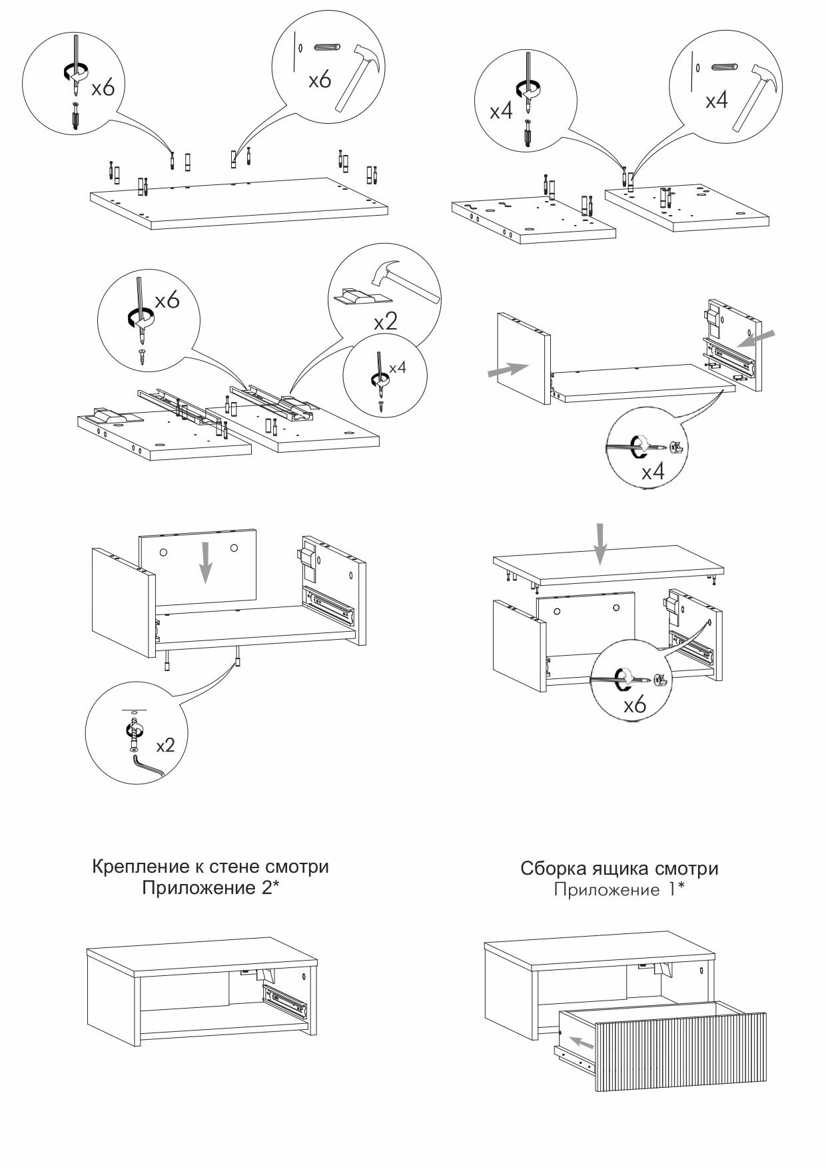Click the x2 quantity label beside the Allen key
click(x=165, y=745)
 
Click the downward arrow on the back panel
click(x=206, y=562)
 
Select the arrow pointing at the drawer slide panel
click(x=759, y=338)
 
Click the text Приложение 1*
click(x=619, y=890)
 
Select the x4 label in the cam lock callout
click(x=653, y=473)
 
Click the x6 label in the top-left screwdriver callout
click(x=103, y=87)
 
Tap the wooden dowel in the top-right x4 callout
click(x=725, y=68)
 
